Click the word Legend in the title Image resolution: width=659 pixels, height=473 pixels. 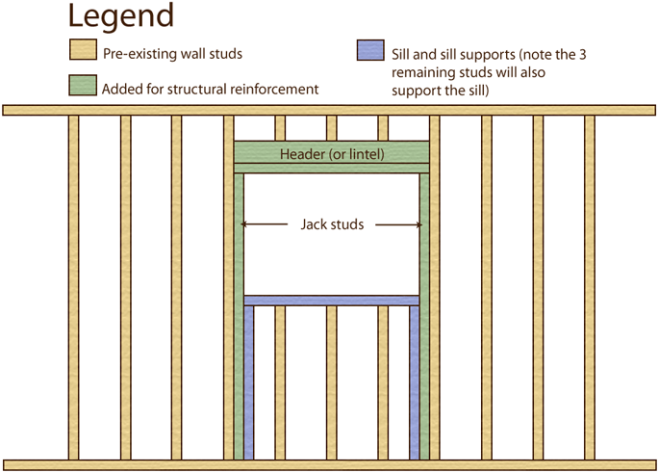coord(121,15)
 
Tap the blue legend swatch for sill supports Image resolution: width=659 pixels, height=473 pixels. coord(369,50)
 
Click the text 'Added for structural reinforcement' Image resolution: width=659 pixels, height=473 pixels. coord(211,89)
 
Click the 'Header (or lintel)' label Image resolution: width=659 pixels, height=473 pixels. coord(332,154)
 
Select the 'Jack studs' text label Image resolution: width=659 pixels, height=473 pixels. coord(331,224)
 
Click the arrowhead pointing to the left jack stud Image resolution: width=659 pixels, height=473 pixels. coord(245,224)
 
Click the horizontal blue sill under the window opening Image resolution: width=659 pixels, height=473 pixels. coord(332,301)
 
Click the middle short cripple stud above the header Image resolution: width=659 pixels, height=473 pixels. coord(332,128)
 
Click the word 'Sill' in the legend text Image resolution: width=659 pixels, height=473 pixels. coord(403,54)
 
